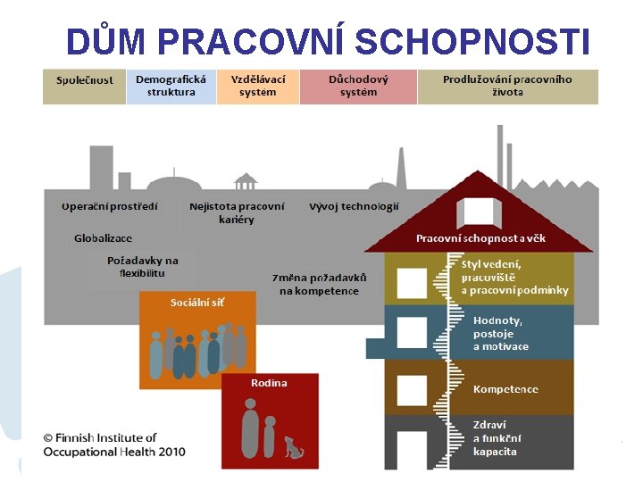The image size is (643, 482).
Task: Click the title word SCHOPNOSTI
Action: (472, 41)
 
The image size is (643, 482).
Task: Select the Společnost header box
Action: (84, 86)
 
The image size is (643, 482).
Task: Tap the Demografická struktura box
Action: (171, 86)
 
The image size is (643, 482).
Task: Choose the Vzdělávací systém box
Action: (257, 86)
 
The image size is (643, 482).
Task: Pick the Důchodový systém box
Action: (358, 86)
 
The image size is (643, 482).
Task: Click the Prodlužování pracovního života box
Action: (507, 86)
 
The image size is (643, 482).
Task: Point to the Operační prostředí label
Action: (110, 206)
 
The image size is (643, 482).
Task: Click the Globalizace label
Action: (103, 238)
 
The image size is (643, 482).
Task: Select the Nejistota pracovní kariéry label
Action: (237, 212)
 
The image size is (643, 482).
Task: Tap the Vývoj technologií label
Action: (354, 206)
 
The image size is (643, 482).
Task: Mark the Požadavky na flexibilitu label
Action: (142, 266)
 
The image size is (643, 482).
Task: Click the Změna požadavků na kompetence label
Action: (319, 284)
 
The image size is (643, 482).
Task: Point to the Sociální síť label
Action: (197, 302)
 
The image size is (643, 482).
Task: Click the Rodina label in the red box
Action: (269, 383)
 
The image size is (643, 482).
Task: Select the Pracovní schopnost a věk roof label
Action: (480, 238)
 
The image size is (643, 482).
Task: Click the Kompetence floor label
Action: (505, 389)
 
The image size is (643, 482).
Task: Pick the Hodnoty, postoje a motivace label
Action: (500, 333)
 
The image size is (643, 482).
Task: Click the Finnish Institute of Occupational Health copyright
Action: (114, 445)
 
